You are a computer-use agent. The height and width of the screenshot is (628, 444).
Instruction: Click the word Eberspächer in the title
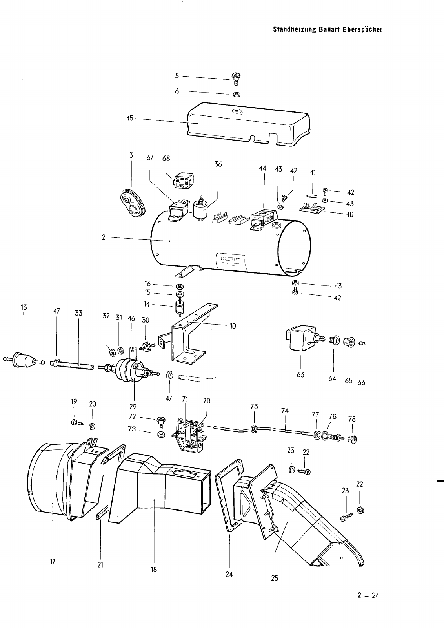[x=362, y=29]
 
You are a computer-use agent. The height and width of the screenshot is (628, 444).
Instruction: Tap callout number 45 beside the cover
[x=130, y=118]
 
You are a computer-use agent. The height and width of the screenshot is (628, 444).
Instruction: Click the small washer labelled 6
[x=237, y=94]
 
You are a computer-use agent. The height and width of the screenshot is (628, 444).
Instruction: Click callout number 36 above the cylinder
[x=218, y=164]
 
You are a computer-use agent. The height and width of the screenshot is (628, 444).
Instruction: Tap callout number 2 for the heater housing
[x=104, y=237]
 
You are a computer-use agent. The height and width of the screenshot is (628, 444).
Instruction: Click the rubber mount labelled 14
[x=178, y=308]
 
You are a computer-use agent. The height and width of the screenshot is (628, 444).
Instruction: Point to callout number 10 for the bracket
[x=233, y=326]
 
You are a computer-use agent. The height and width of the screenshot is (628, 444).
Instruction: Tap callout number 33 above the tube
[x=79, y=313]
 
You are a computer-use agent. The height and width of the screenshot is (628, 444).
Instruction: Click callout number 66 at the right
[x=361, y=382]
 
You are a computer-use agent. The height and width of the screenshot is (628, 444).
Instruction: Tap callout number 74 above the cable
[x=285, y=411]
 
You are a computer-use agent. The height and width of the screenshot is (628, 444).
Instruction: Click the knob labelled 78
[x=352, y=439]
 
